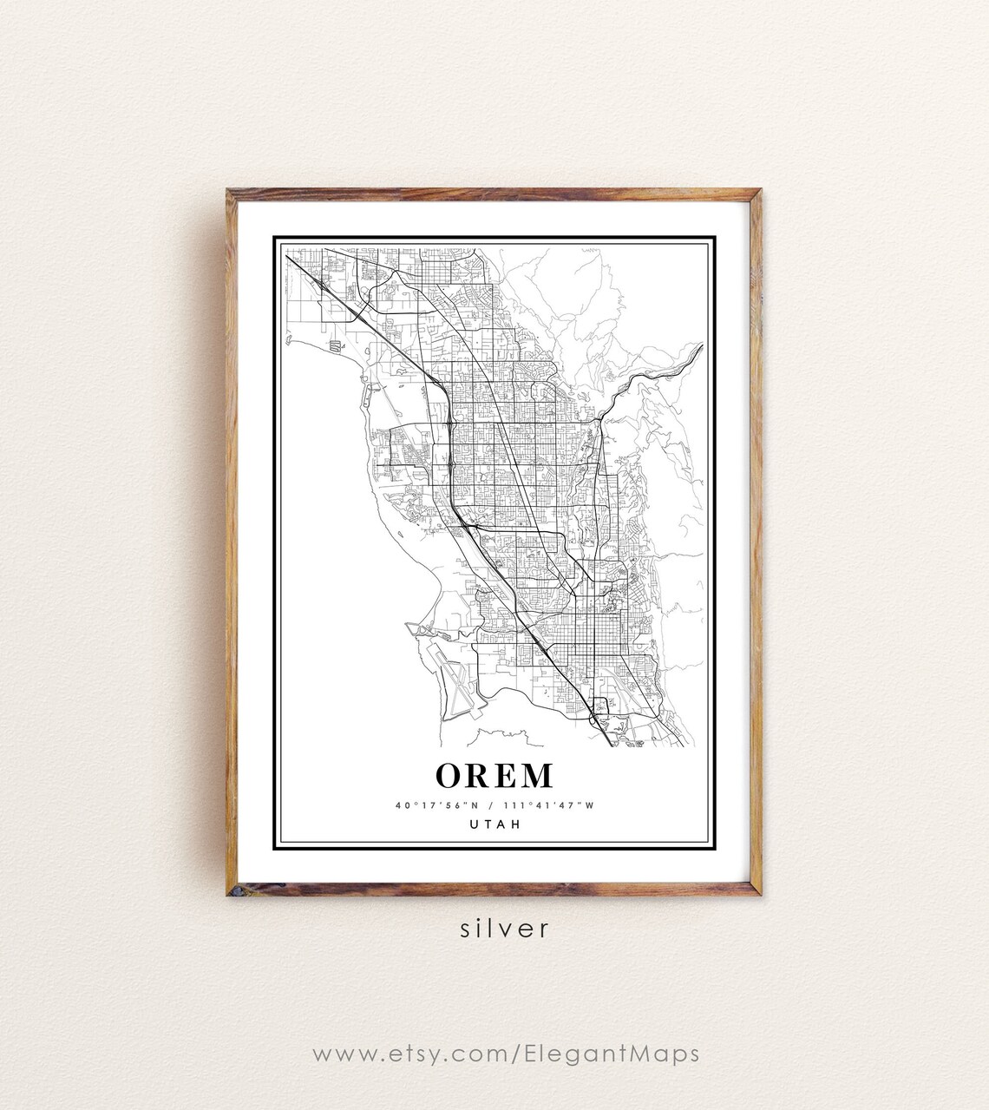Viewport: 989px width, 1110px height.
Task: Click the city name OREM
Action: pyautogui.click(x=494, y=775)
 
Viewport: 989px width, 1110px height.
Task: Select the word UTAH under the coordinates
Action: pyautogui.click(x=494, y=824)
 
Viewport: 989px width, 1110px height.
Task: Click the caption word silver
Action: pyautogui.click(x=505, y=929)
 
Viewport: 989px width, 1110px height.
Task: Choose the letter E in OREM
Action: pyautogui.click(x=506, y=775)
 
